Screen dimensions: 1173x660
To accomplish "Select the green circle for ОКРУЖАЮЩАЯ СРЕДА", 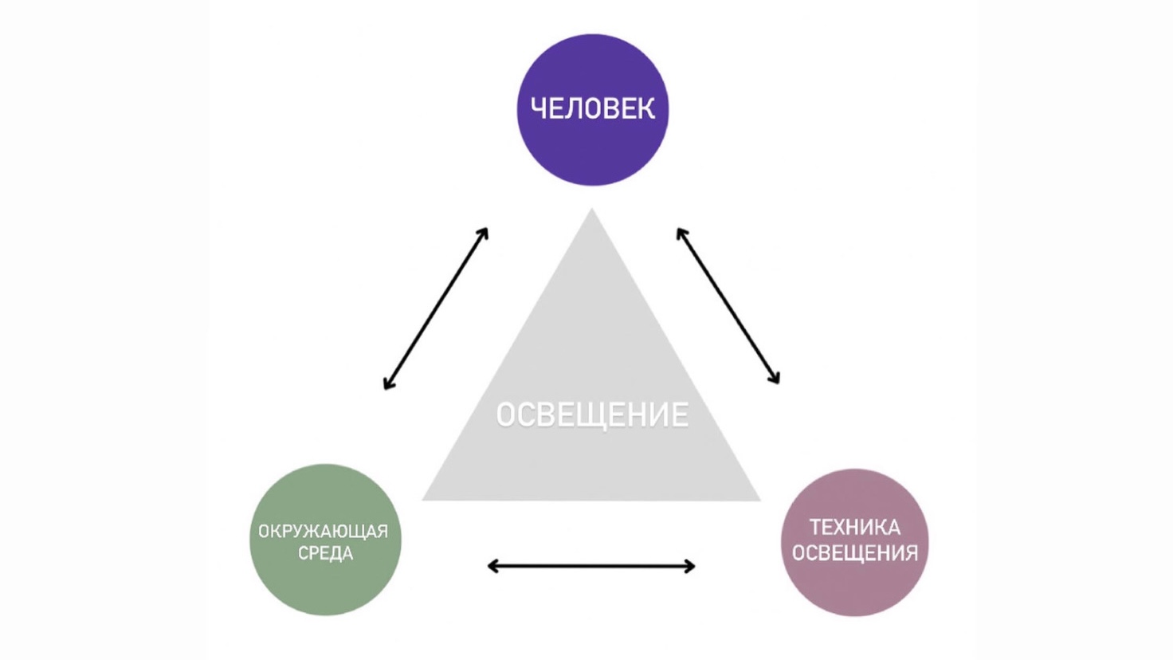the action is tap(325, 582).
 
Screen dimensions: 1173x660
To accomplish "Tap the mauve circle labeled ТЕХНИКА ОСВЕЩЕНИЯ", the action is tap(854, 586).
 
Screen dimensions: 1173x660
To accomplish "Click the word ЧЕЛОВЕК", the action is tap(593, 108).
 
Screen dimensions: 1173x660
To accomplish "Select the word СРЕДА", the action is tap(325, 553).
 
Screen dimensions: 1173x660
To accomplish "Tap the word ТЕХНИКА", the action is tap(855, 527).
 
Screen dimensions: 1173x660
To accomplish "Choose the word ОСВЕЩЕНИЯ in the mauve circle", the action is tap(855, 552).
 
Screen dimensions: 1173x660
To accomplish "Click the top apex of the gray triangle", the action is tap(591, 212).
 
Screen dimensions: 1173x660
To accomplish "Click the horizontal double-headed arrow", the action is tap(591, 567).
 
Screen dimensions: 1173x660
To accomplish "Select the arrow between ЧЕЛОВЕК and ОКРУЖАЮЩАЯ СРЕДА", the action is tap(436, 308).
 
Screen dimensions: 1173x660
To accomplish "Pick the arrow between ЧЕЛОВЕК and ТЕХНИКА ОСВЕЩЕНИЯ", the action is tap(728, 306).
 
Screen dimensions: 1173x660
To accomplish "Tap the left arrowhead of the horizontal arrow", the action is tap(491, 567).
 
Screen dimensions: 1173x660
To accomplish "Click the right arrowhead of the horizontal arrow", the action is tap(691, 567).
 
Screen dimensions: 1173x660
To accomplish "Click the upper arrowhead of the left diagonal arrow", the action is tap(484, 232).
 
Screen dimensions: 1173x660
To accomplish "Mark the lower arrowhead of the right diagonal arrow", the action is tap(775, 379).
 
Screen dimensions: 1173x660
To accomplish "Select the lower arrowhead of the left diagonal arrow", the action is tap(387, 385).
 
